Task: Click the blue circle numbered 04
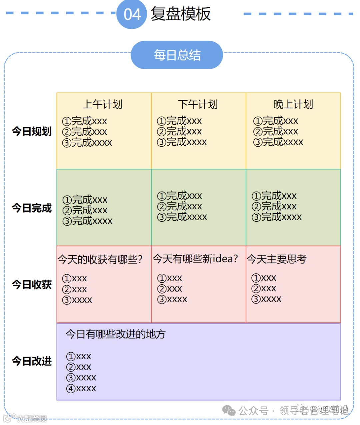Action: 132,14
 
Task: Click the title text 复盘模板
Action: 181,14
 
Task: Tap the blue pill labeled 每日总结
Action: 177,55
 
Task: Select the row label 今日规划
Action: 32,131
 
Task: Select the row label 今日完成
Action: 32,208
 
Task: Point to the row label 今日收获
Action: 32,285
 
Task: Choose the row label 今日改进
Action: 32,361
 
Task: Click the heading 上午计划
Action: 103,104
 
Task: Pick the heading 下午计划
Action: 198,104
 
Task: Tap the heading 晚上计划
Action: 293,104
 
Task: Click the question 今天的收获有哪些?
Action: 100,259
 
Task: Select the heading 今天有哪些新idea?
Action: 195,259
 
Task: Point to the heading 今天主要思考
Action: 277,259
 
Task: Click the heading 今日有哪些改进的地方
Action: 115,334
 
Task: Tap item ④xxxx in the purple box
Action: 81,388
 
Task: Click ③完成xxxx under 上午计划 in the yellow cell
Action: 87,143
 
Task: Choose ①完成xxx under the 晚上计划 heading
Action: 276,121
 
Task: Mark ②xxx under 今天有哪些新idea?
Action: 170,289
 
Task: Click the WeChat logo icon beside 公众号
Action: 229,411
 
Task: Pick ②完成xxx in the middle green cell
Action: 180,206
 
